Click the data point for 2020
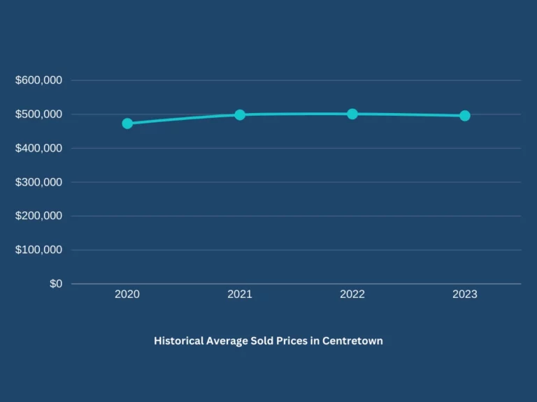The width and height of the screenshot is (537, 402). (127, 124)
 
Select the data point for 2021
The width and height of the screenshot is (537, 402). (240, 114)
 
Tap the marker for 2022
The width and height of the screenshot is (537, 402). (352, 114)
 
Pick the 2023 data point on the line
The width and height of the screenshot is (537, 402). (465, 116)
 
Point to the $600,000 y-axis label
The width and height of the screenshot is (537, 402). (38, 80)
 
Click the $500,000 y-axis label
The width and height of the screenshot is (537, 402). (38, 114)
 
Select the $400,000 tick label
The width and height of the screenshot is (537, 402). (38, 148)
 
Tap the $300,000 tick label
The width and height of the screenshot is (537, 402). (38, 182)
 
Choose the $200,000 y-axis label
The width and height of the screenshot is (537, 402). (38, 216)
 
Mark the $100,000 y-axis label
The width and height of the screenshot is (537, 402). (38, 250)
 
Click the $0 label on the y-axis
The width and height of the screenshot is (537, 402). (55, 283)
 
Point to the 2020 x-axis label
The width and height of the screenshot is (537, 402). (127, 295)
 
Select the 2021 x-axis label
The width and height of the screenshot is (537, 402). (240, 295)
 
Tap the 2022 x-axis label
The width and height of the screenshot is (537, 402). (352, 295)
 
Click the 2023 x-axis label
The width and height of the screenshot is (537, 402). (465, 295)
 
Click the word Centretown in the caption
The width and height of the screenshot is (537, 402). (352, 341)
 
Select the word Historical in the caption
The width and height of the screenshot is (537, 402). (178, 341)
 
